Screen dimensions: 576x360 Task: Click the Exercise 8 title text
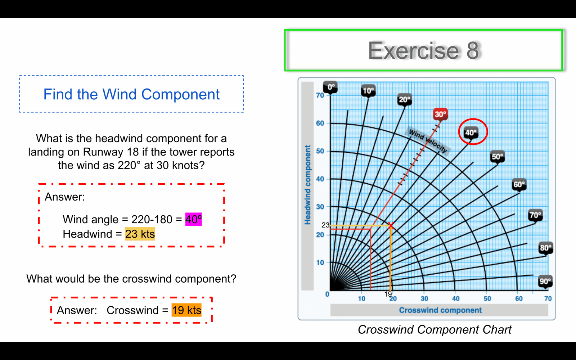point(423,50)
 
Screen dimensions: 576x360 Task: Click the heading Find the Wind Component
point(131,94)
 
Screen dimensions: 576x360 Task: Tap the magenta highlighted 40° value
point(194,219)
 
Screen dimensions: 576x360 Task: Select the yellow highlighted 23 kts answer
point(140,234)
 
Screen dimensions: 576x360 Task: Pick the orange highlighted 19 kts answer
point(187,310)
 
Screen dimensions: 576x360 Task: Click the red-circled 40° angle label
point(471,133)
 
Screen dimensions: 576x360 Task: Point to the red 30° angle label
point(441,114)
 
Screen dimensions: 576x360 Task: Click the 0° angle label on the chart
point(331,87)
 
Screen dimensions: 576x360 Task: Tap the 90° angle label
point(545,281)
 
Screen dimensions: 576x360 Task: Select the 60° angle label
point(519,184)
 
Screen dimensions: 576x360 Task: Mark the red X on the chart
point(391,225)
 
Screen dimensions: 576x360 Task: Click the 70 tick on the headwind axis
point(320,95)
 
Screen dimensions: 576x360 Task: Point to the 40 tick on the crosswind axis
point(456,298)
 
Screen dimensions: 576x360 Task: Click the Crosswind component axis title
point(440,310)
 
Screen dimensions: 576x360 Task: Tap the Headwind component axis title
point(307,185)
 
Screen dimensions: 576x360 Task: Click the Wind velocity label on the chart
point(428,141)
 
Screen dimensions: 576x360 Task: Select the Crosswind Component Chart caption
point(435,329)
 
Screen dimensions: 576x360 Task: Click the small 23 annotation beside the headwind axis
point(325,225)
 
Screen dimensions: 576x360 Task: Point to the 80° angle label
point(546,248)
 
